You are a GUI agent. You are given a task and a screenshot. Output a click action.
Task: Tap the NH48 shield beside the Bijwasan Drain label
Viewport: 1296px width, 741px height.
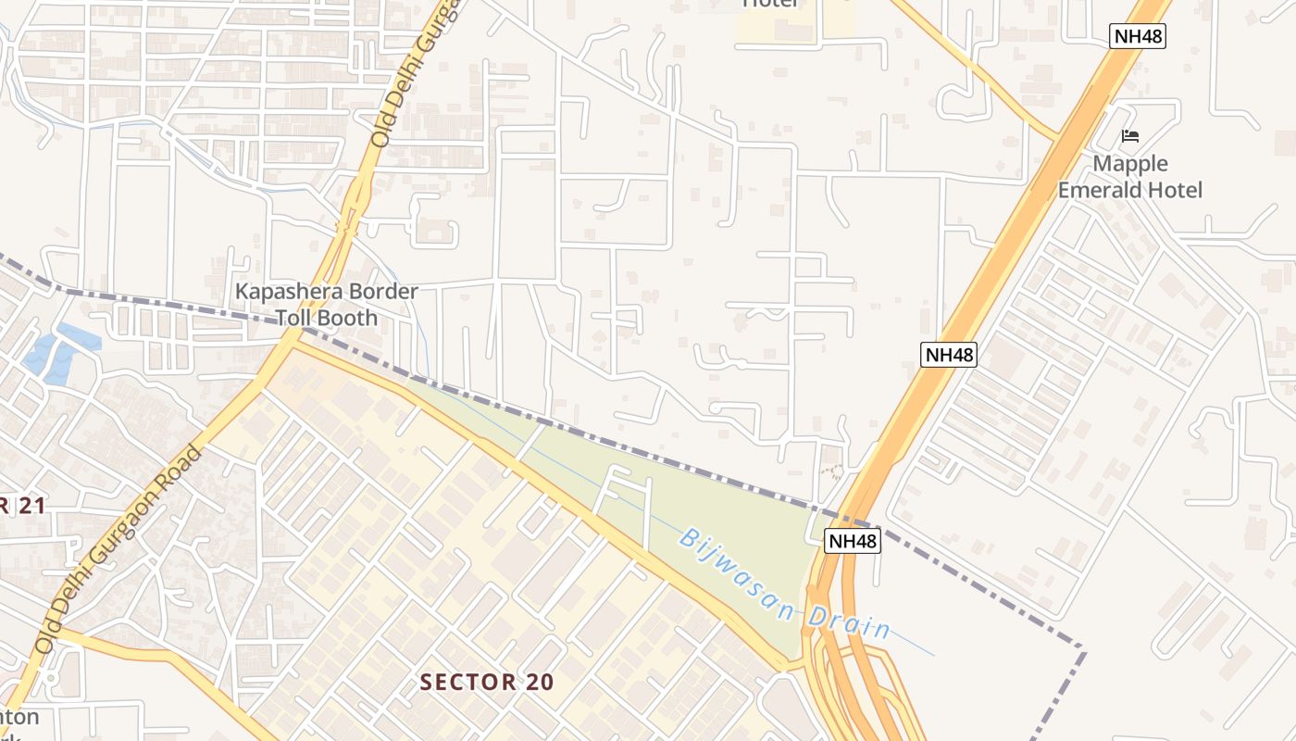click(851, 541)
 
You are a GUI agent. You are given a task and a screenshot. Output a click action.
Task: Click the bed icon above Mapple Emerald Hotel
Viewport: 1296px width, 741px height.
click(1129, 136)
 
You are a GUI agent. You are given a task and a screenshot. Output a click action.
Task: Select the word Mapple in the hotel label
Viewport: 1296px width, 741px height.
click(1130, 164)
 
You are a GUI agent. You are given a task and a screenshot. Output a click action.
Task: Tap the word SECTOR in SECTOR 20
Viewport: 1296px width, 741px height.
click(461, 683)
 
